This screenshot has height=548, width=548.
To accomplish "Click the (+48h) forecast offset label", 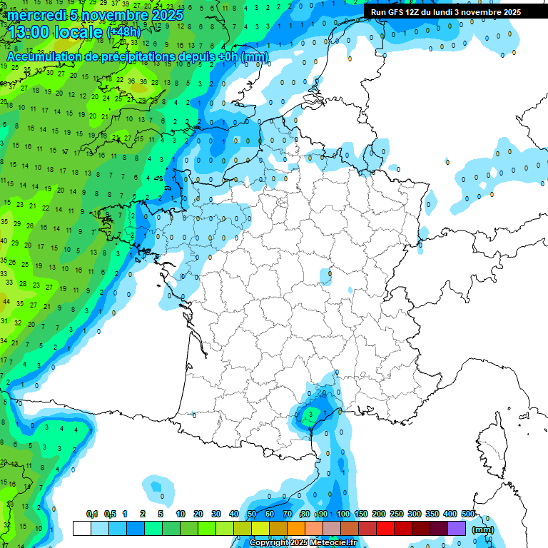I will click(123, 32).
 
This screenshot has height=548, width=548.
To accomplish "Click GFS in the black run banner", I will click(395, 12).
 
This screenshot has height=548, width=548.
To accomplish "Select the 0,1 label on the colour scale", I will click(91, 514).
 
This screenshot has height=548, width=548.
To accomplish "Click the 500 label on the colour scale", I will click(468, 514).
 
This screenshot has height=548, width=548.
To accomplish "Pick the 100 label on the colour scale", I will click(343, 514).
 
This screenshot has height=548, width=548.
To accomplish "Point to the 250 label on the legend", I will click(397, 514).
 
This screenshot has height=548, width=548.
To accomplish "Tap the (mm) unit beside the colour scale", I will click(483, 529).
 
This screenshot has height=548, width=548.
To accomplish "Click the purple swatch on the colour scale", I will click(457, 528).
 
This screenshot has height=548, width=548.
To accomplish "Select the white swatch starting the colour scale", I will click(82, 528).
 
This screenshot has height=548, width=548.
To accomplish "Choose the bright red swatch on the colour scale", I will click(385, 528).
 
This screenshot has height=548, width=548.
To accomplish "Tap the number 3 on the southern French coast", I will click(310, 413).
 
